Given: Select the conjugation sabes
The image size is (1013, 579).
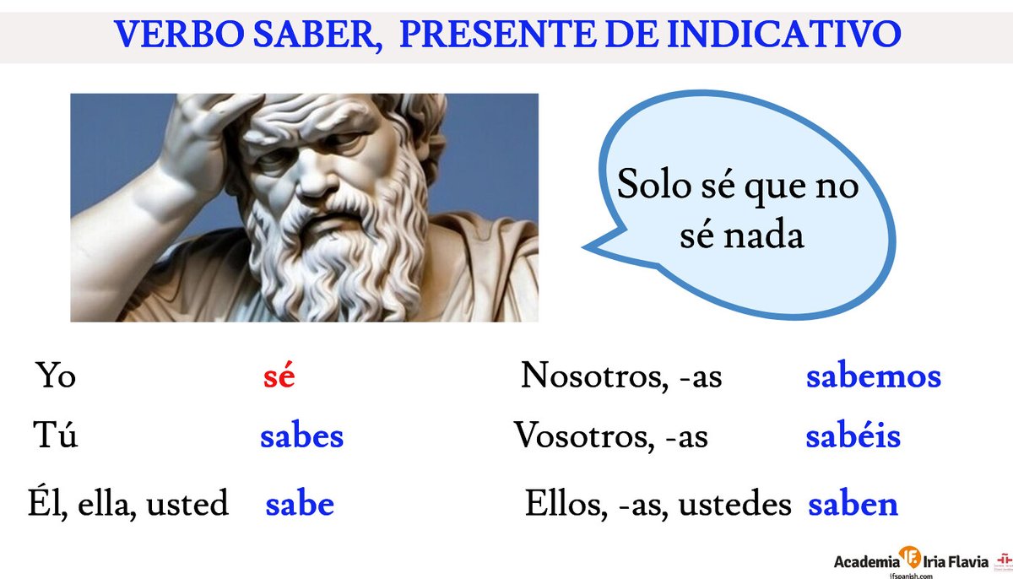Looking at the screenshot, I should (x=301, y=437).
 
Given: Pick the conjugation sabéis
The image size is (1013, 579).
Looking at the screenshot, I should (x=853, y=437).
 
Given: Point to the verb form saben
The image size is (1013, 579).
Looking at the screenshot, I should (x=853, y=505).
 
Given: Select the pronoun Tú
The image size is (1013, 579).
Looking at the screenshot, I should (x=56, y=437).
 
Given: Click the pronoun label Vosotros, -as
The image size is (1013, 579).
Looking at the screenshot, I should (x=610, y=437).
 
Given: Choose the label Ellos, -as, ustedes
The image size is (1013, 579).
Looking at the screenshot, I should (x=658, y=505).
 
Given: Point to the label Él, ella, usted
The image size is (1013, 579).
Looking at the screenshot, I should (x=127, y=505).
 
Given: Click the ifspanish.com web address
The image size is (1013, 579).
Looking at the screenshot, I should (x=910, y=574).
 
